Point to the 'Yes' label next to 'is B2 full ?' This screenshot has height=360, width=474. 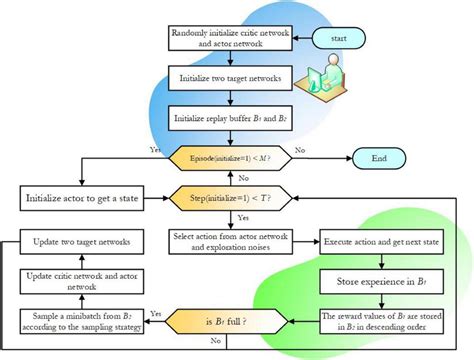(x=156, y=312)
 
